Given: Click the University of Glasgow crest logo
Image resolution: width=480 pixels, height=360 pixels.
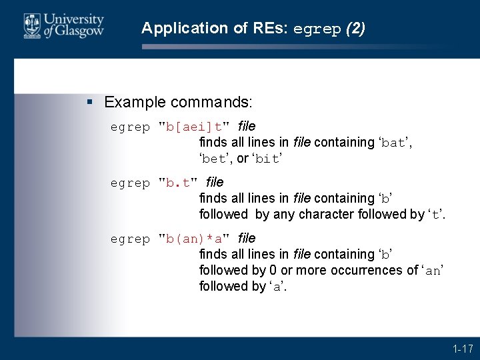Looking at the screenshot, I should (x=31, y=26).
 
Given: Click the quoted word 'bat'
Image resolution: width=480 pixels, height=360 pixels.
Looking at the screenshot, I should (x=393, y=143).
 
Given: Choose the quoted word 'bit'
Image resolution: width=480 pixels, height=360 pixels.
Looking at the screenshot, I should (x=267, y=159).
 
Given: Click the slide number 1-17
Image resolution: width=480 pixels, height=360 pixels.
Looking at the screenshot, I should (x=462, y=349).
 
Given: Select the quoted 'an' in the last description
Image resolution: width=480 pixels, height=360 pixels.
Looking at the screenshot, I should (x=433, y=271).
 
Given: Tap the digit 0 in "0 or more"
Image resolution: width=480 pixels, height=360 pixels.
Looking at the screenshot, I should (x=273, y=270).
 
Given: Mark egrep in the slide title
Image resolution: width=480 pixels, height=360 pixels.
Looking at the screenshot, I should (x=317, y=29).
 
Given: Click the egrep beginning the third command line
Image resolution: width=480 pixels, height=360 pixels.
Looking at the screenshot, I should (x=130, y=238).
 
